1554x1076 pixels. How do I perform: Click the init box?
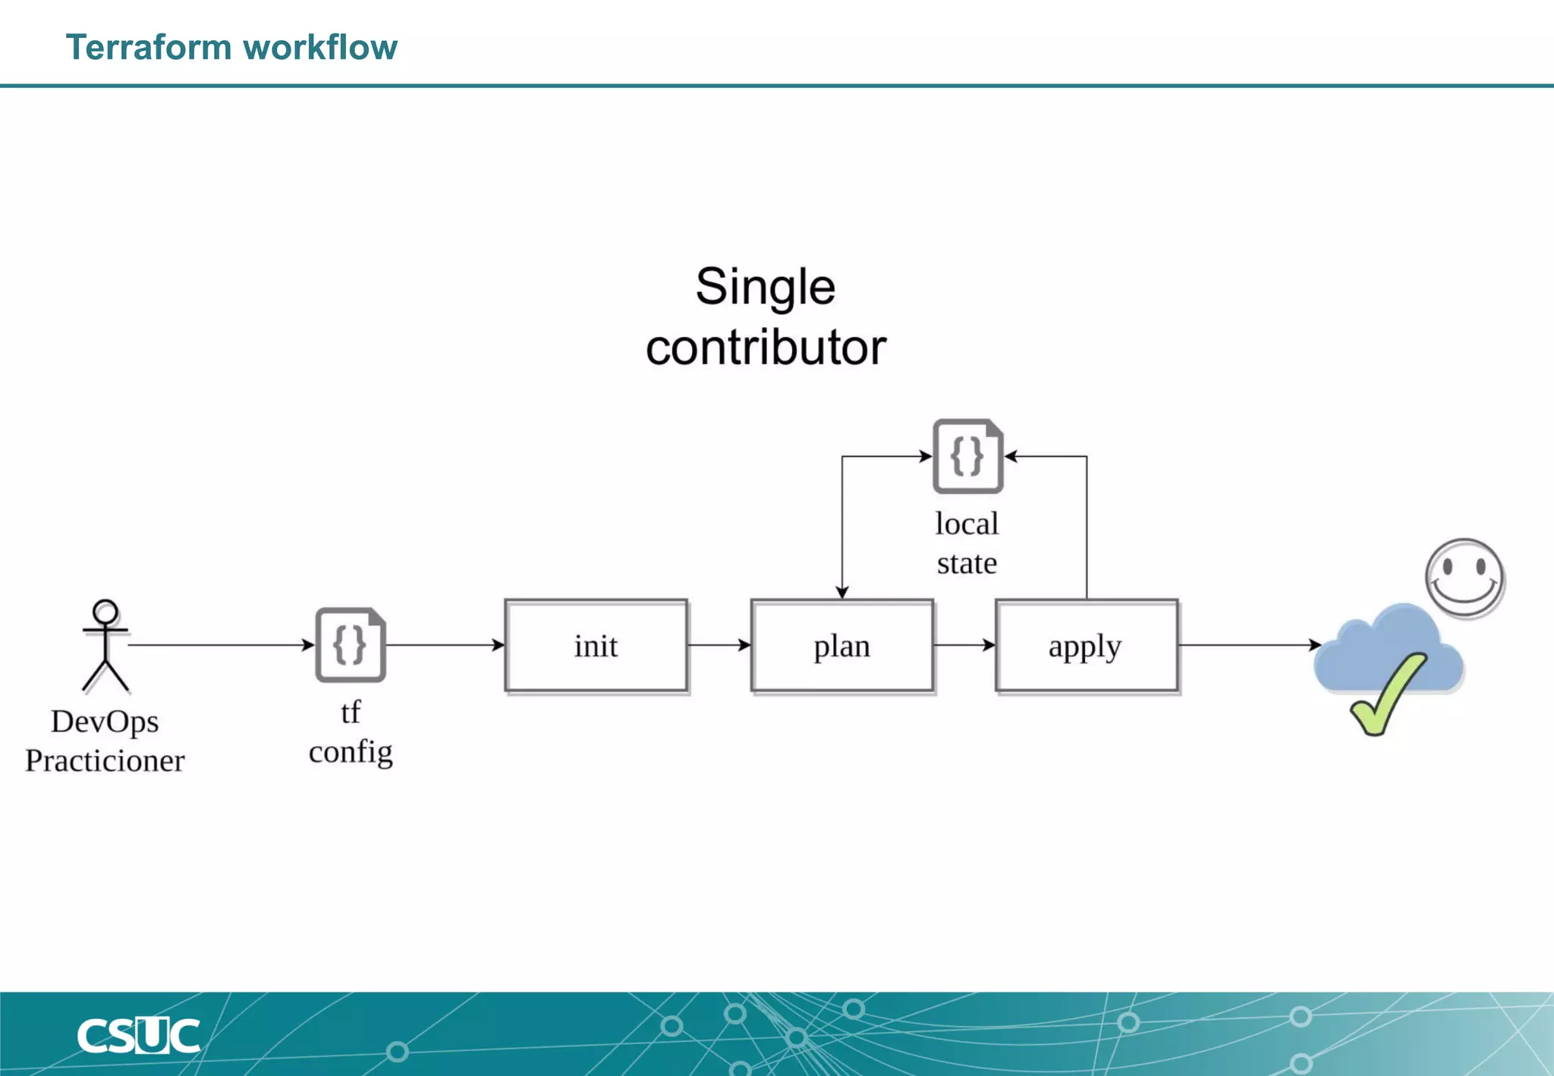pyautogui.click(x=596, y=646)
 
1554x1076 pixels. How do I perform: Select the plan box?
pyautogui.click(x=841, y=646)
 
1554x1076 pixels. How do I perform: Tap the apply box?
pyautogui.click(x=1086, y=646)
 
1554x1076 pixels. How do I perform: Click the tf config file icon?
pyautogui.click(x=351, y=645)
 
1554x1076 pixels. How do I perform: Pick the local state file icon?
pyautogui.click(x=967, y=456)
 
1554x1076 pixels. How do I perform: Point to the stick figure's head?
pyautogui.click(x=105, y=612)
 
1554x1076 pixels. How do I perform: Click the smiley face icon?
pyautogui.click(x=1464, y=577)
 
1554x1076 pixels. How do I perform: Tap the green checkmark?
pyautogui.click(x=1386, y=695)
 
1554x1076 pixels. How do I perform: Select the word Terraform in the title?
pyautogui.click(x=149, y=47)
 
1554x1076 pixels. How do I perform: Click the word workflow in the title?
pyautogui.click(x=321, y=47)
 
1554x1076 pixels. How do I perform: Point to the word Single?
pyautogui.click(x=765, y=287)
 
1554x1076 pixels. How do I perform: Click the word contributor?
pyautogui.click(x=765, y=348)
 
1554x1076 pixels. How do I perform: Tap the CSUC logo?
pyautogui.click(x=138, y=1036)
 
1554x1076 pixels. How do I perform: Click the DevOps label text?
pyautogui.click(x=105, y=722)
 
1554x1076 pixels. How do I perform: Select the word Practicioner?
pyautogui.click(x=105, y=761)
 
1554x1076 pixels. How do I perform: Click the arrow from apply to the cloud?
pyautogui.click(x=1248, y=645)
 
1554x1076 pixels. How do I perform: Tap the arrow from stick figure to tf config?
pyautogui.click(x=220, y=645)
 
